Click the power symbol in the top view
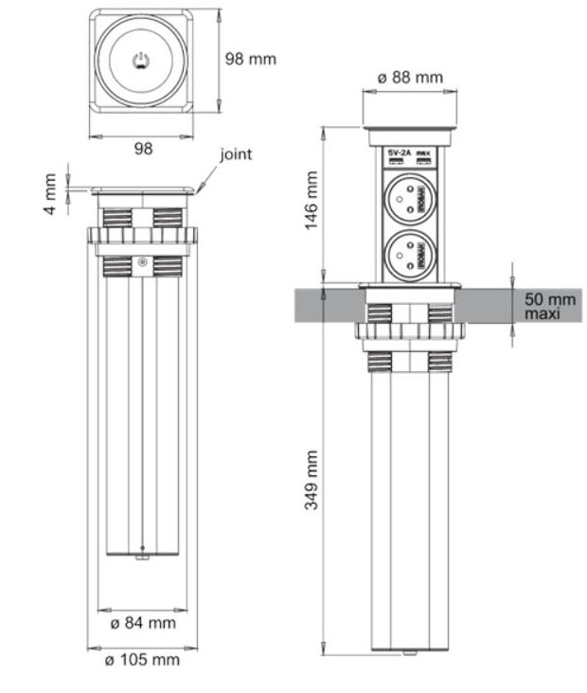click(x=141, y=62)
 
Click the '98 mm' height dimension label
click(x=251, y=59)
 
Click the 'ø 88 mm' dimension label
click(x=409, y=77)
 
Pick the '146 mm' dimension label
click(x=311, y=201)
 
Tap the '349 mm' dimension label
click(x=311, y=478)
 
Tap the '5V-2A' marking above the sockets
click(x=398, y=152)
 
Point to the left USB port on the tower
click(x=397, y=164)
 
